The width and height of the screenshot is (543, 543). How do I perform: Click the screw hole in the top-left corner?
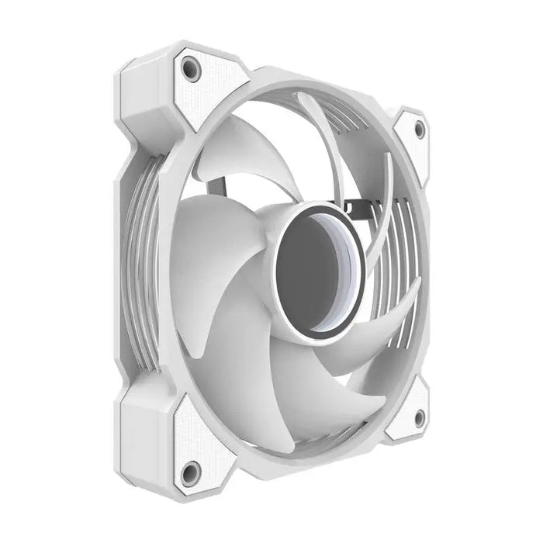pyautogui.click(x=188, y=68)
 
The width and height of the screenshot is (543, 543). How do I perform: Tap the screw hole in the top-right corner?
pyautogui.click(x=420, y=130)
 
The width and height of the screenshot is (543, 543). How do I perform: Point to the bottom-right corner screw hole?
pyautogui.click(x=419, y=419)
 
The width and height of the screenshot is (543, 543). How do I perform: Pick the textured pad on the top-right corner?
pyautogui.click(x=413, y=144)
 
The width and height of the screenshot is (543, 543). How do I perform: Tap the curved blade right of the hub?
pyautogui.click(x=380, y=310)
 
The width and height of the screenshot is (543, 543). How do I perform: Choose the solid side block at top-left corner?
pyautogui.click(x=144, y=93)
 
